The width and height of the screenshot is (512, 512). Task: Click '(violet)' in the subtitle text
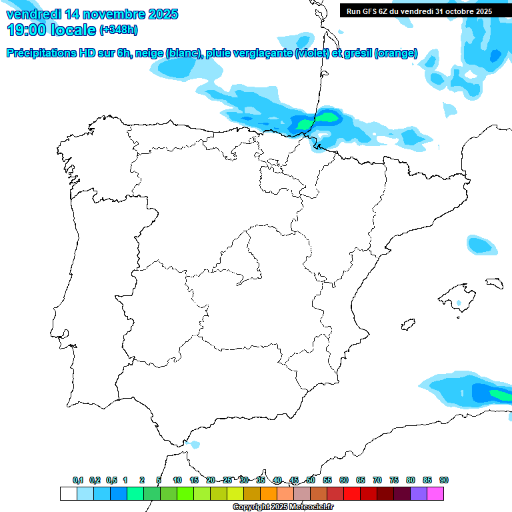pyautogui.click(x=312, y=53)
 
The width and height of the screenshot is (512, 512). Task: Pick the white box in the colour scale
pyautogui.click(x=68, y=493)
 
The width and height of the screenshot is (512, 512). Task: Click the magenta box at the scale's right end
pyautogui.click(x=435, y=493)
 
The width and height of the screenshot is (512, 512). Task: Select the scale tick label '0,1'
pyautogui.click(x=78, y=480)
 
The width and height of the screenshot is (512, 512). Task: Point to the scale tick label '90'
pyautogui.click(x=444, y=480)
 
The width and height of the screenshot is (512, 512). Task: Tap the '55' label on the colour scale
pyautogui.click(x=327, y=480)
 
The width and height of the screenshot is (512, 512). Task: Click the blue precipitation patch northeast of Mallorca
pyautogui.click(x=481, y=245)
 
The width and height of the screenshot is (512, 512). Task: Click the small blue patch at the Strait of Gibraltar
pyautogui.click(x=194, y=444)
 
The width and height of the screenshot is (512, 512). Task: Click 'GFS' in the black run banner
pyautogui.click(x=372, y=11)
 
